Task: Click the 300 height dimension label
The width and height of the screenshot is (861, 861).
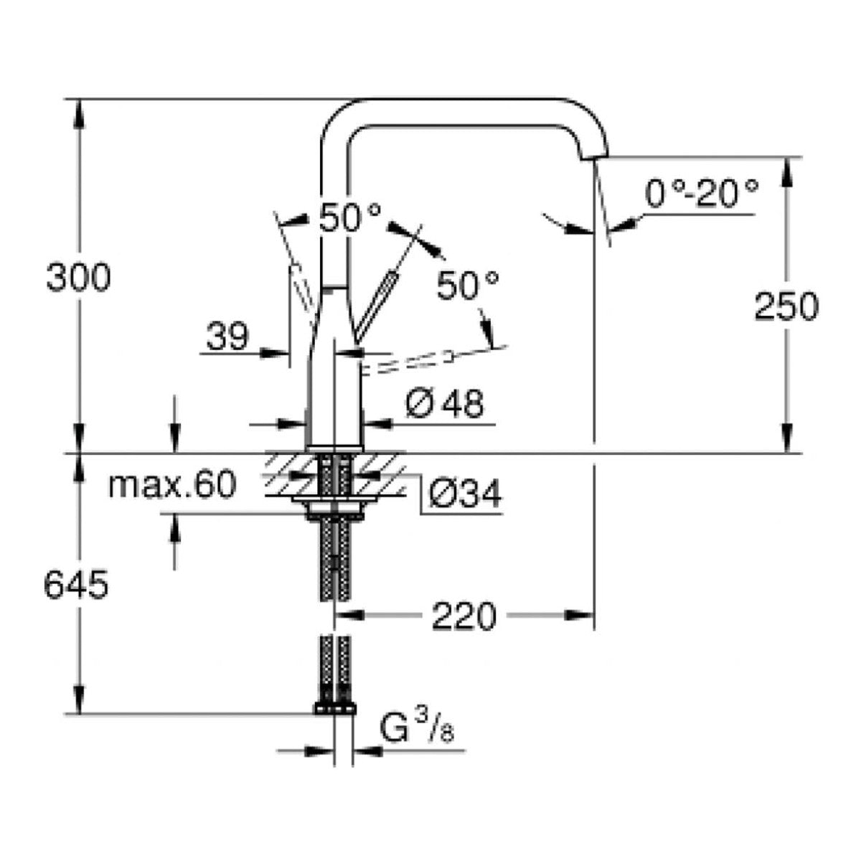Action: click(x=78, y=278)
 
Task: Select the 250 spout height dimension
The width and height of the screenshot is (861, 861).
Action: click(x=786, y=306)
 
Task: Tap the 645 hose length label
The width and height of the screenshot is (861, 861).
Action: click(x=75, y=585)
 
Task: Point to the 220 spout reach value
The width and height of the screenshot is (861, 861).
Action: click(x=464, y=616)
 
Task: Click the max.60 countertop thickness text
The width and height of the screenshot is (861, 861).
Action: click(x=171, y=486)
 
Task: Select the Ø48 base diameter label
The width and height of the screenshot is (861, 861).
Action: click(x=444, y=405)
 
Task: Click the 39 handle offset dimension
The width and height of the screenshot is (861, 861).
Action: click(x=227, y=336)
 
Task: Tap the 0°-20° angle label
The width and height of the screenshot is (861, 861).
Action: click(x=701, y=193)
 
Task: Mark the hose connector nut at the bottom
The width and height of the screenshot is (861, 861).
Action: click(x=334, y=710)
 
